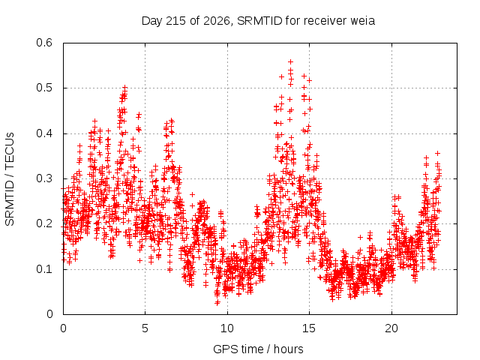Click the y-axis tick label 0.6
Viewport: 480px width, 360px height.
[44, 43]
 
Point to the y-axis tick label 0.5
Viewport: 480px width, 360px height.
[44, 88]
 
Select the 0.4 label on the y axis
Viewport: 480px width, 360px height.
[44, 133]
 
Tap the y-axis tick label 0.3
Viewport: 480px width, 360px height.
[44, 178]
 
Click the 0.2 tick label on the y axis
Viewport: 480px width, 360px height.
[44, 223]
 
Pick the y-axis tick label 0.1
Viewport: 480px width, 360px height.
[44, 269]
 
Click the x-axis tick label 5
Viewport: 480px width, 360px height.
[145, 328]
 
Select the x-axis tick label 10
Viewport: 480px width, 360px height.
[227, 328]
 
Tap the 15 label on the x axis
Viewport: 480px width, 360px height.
[309, 328]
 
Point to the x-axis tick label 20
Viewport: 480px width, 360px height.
[391, 328]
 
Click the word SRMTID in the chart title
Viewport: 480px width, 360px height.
[259, 21]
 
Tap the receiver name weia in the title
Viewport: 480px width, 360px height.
[363, 21]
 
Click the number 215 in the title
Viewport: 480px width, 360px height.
[175, 21]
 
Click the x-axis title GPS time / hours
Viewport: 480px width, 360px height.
[258, 349]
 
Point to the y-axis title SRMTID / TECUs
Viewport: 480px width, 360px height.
[10, 179]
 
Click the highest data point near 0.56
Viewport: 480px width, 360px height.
[290, 61]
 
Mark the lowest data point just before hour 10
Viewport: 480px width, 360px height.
[217, 302]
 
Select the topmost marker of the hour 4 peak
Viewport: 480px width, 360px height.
[124, 88]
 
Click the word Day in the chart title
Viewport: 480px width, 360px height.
[151, 21]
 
